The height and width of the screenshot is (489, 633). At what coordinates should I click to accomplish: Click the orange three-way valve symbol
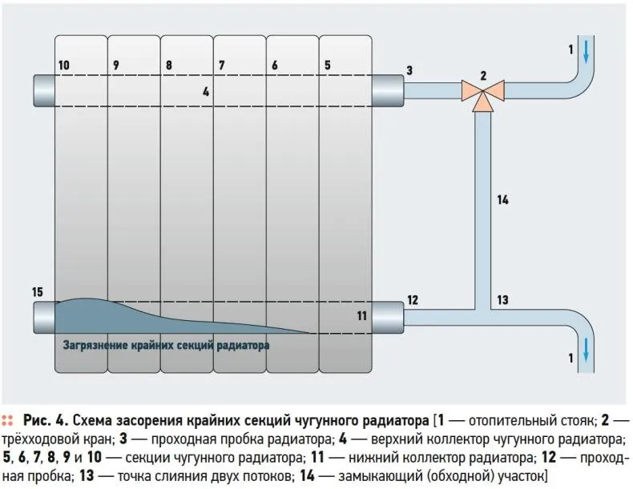483,94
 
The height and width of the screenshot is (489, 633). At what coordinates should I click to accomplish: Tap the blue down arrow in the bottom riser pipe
586,350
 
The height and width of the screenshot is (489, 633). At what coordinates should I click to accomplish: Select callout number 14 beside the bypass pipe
502,200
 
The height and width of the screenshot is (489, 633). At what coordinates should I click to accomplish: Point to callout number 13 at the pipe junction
502,300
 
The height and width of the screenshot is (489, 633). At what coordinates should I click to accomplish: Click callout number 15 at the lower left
38,292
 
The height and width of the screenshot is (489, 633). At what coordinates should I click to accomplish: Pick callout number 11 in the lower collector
361,315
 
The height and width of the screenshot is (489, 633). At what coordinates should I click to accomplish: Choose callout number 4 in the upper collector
206,92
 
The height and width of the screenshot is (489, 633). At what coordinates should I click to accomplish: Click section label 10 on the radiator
64,65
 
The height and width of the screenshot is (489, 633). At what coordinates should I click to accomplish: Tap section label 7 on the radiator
222,65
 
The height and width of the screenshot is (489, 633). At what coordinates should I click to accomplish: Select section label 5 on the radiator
328,65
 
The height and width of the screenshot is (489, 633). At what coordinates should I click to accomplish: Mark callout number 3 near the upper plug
409,70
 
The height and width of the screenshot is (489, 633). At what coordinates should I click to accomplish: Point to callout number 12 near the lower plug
413,300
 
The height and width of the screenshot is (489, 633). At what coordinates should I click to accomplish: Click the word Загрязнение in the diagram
95,346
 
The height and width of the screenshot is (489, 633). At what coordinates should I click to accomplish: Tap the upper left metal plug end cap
44,90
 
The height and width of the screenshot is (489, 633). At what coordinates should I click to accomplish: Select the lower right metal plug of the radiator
388,317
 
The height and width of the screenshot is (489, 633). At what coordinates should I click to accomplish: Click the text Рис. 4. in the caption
46,420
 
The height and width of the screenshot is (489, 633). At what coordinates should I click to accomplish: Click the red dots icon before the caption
7,420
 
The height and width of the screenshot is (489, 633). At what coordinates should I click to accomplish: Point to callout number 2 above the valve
483,75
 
